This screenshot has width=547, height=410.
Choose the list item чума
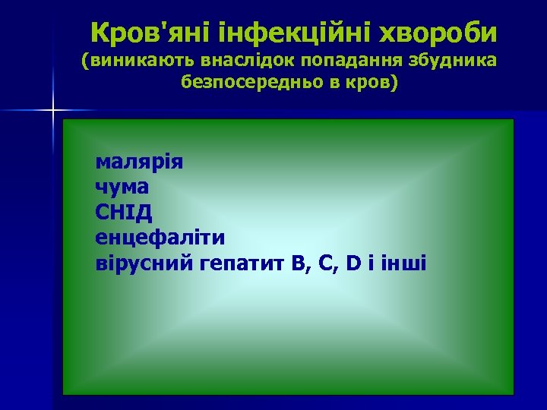pos(122,187)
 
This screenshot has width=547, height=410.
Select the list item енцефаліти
pos(160,238)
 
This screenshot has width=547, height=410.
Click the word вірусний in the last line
pos(144,263)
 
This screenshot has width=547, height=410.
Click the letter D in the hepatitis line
pos(353,263)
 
